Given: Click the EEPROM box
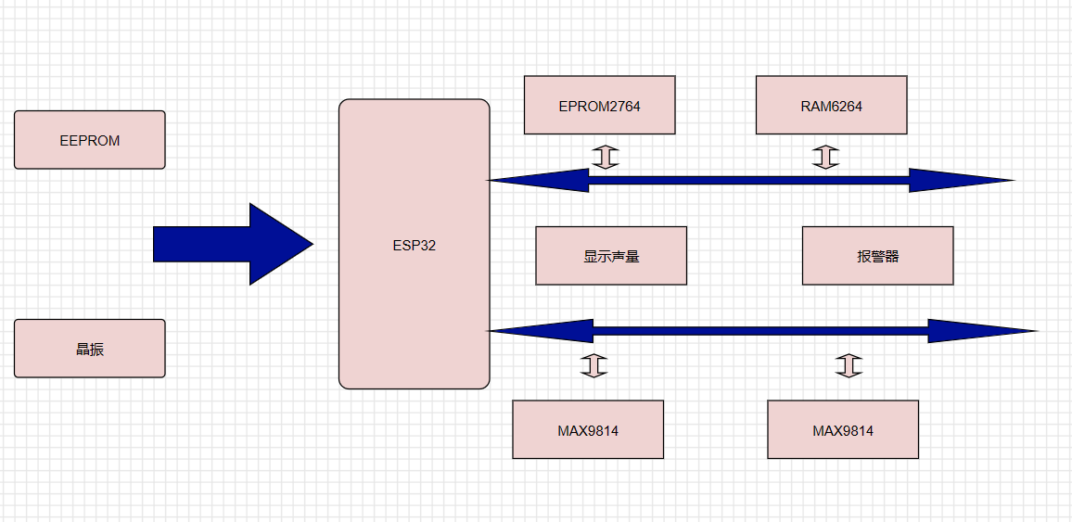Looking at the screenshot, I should coord(90,140).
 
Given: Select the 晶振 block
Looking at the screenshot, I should coord(90,349).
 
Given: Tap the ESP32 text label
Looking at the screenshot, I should coord(414,246).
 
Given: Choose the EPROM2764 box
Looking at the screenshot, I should coord(599,105).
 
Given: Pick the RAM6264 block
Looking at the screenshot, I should coord(831,105).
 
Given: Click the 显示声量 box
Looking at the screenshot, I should coord(611,256).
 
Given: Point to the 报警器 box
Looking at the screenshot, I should coord(877,256).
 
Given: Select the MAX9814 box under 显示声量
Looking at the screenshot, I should coord(588,429).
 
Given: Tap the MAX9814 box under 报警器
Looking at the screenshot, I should coord(843,429).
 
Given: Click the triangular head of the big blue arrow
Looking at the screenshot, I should coord(280,244).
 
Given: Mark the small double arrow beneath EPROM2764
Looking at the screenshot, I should coord(605,157).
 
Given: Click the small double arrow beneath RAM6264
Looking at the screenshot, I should coord(825,157).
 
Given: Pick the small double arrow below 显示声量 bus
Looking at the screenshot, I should coord(593,365).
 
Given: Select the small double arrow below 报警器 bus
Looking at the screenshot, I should coord(848,365).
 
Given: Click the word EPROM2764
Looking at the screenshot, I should coord(599,106).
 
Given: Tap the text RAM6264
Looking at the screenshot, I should coord(831,106).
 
